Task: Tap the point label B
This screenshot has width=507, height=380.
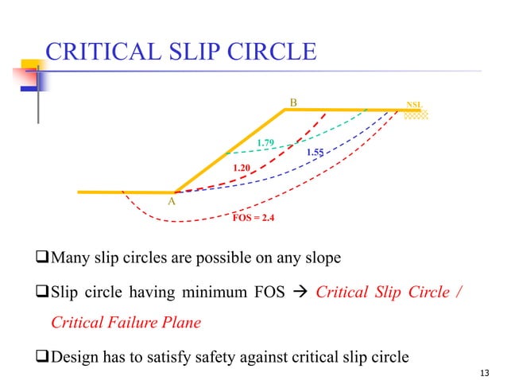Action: [x=293, y=103]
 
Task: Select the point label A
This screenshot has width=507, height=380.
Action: [x=171, y=203]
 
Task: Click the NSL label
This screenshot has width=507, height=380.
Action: [x=414, y=105]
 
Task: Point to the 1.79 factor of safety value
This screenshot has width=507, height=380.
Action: [x=265, y=143]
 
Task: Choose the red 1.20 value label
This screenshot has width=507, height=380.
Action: [x=242, y=168]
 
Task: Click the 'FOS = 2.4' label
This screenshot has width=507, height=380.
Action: [x=253, y=216]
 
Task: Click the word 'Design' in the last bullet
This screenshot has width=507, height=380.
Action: [x=75, y=355]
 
